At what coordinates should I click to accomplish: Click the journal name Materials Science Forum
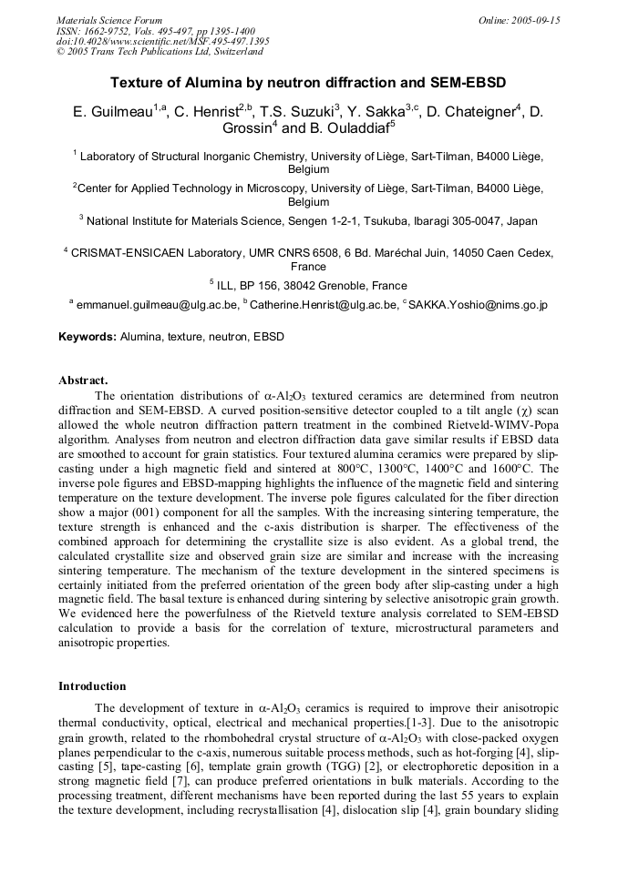[x=109, y=20]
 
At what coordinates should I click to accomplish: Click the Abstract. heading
[x=84, y=381]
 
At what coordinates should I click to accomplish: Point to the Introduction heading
[x=92, y=686]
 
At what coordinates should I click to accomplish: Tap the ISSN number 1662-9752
[x=107, y=31]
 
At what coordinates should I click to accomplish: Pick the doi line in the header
[x=162, y=41]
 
